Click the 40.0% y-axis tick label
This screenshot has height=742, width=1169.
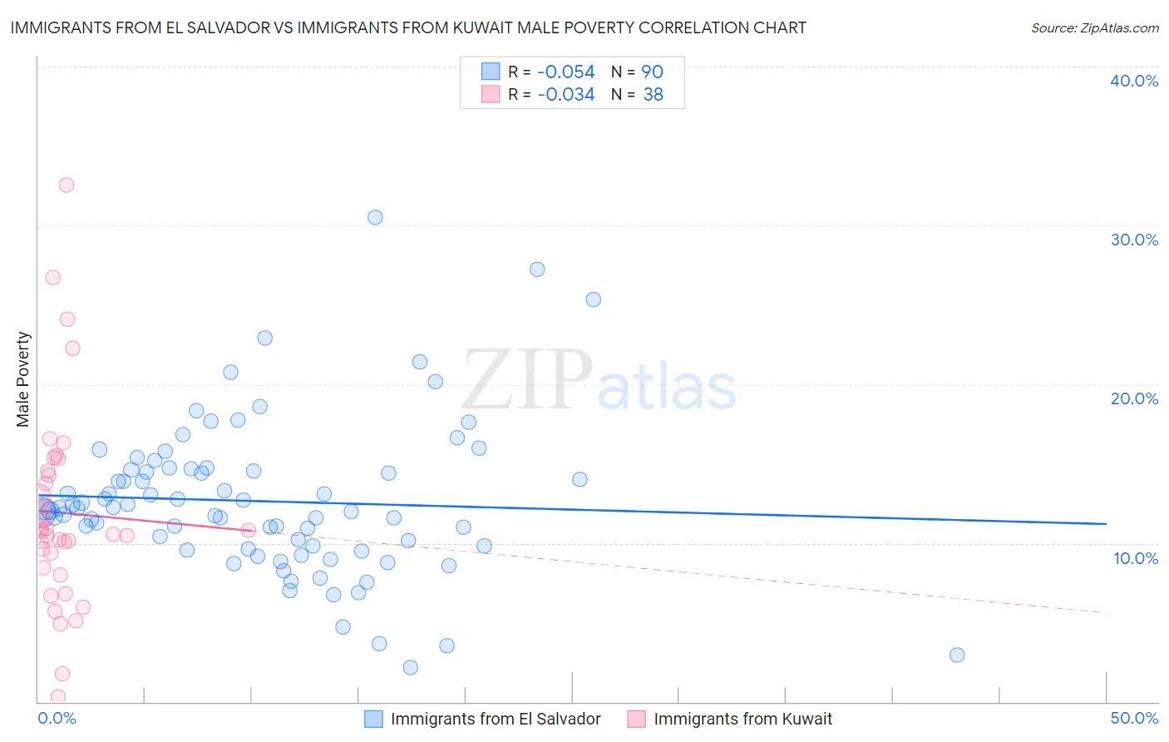pyautogui.click(x=1134, y=81)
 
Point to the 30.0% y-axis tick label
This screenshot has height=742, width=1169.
pyautogui.click(x=1134, y=240)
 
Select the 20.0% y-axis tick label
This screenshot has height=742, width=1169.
pyautogui.click(x=1134, y=398)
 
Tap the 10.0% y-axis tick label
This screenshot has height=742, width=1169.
pyautogui.click(x=1135, y=558)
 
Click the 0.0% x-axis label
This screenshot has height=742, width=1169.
pyautogui.click(x=57, y=718)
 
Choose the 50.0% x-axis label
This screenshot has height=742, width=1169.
pyautogui.click(x=1134, y=718)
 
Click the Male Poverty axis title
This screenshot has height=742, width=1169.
pyautogui.click(x=23, y=379)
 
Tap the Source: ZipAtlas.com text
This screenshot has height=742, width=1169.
pyautogui.click(x=1094, y=27)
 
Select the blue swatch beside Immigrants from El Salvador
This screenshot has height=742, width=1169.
pyautogui.click(x=374, y=719)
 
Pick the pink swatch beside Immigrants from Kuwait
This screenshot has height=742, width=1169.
pyautogui.click(x=637, y=719)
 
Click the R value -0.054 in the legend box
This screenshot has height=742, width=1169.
pyautogui.click(x=565, y=72)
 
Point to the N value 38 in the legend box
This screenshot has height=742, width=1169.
pyautogui.click(x=653, y=95)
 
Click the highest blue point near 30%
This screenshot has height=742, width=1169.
pyautogui.click(x=375, y=217)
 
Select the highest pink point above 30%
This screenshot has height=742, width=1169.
pyautogui.click(x=67, y=185)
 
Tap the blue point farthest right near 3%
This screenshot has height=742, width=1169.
pyautogui.click(x=957, y=655)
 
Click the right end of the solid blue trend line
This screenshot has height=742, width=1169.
pyautogui.click(x=1106, y=523)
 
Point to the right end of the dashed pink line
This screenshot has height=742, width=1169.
pyautogui.click(x=1106, y=612)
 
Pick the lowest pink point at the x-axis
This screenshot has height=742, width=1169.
pyautogui.click(x=58, y=696)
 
